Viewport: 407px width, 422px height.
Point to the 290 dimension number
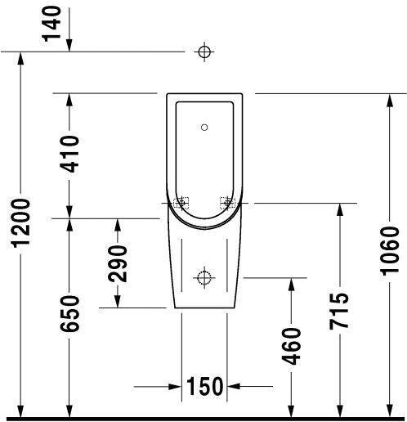tap(119, 263)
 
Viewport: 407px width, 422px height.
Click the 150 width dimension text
tap(204, 385)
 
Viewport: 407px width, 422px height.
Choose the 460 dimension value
tap(290, 346)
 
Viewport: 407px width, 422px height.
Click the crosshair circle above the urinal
tap(204, 52)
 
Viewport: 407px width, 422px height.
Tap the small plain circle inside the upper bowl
tap(204, 128)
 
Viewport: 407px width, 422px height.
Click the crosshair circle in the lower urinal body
tap(204, 277)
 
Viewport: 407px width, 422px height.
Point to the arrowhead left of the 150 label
tap(174, 385)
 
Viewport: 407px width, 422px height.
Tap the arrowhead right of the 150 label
tap(235, 385)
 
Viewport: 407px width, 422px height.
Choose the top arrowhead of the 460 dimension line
tap(290, 284)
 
